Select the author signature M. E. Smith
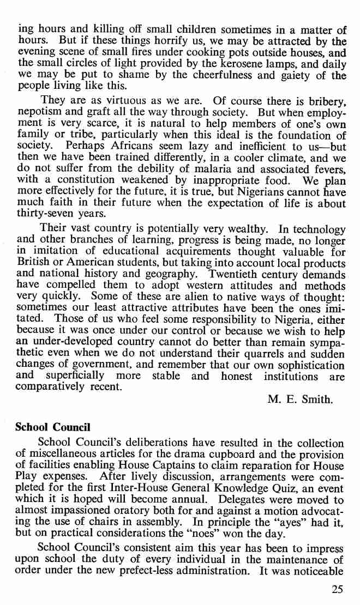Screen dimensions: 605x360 point(300,399)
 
